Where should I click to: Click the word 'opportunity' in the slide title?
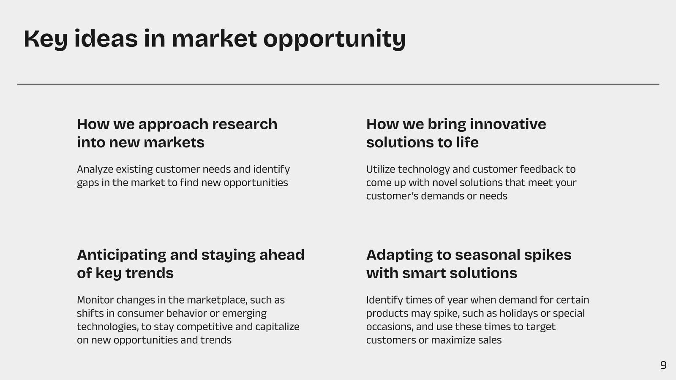pyautogui.click(x=334, y=40)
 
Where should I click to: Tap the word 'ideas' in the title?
pyautogui.click(x=106, y=38)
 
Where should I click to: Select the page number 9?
pyautogui.click(x=663, y=365)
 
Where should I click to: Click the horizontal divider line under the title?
pyautogui.click(x=338, y=84)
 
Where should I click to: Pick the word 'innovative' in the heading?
pyautogui.click(x=508, y=124)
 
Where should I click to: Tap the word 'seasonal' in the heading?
pyautogui.click(x=488, y=255)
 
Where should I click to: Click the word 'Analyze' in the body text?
pyautogui.click(x=95, y=169)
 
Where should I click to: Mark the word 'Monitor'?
pyautogui.click(x=95, y=300)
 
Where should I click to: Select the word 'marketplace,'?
pyautogui.click(x=217, y=300)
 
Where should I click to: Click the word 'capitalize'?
pyautogui.click(x=277, y=327)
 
